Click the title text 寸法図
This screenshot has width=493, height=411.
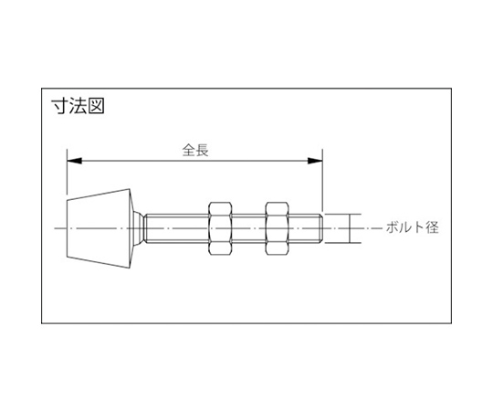78,106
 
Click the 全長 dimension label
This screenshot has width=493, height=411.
195,150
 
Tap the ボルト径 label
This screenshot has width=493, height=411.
412,227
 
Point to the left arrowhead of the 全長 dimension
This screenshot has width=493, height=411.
75,161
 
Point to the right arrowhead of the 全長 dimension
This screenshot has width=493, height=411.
315,161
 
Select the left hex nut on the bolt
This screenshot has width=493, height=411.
220,228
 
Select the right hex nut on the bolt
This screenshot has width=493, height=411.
277,228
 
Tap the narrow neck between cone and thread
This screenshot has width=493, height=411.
140,228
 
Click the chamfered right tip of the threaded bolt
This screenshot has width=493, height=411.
321,228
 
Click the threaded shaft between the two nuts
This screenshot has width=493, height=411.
248,228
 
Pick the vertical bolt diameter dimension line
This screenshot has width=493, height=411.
350,228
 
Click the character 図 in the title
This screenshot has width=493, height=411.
96,106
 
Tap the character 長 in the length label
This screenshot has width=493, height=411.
203,150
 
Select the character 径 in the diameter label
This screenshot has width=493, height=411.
433,227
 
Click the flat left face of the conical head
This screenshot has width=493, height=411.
67,228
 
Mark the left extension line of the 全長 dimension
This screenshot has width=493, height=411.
67,172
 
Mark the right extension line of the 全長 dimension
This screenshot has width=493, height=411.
322,180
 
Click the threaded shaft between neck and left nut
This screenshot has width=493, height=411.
177,228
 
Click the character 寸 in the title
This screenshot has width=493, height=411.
59,106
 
